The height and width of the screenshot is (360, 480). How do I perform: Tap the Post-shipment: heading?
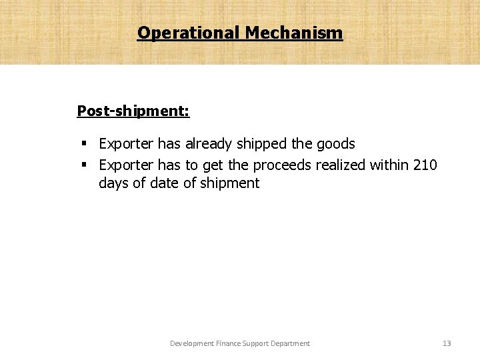133,110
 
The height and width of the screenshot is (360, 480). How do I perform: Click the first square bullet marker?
85,143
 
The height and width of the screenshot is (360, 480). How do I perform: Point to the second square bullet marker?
85,164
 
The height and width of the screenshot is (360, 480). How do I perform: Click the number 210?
425,164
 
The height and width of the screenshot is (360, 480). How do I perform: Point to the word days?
113,183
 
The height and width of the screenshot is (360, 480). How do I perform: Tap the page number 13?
447,343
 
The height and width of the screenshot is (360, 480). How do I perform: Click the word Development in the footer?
192,343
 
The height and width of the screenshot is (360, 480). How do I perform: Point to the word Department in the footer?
292,343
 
